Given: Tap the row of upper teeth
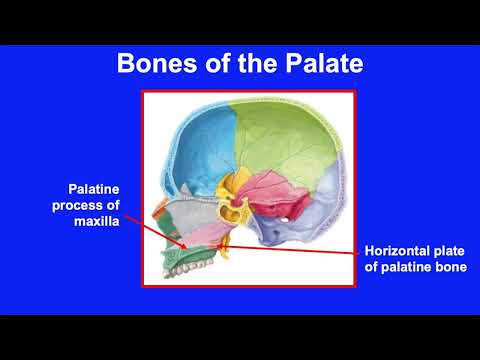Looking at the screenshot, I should [185, 270].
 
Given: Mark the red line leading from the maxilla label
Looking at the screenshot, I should [150, 226].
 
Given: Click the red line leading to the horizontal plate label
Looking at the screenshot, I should [300, 250].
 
